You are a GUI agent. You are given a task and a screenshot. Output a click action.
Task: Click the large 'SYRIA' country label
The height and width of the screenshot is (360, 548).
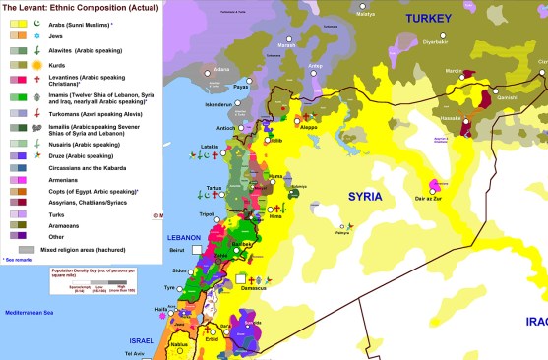point(369,197)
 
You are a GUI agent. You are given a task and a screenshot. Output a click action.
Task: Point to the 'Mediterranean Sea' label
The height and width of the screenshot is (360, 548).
point(35,312)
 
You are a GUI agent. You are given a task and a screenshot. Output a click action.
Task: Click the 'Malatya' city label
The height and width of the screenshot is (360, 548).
point(365,15)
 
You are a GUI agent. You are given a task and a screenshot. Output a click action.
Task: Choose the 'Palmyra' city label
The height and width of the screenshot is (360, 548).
point(341,234)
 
